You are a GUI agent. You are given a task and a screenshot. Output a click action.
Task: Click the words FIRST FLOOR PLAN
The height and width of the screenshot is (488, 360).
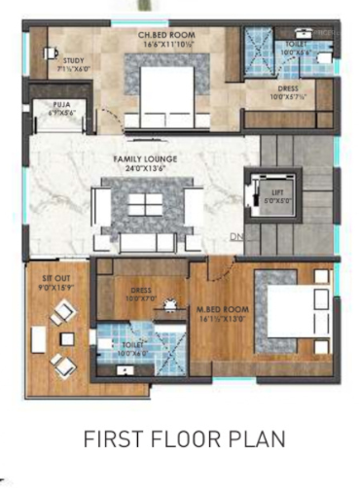click(180, 439)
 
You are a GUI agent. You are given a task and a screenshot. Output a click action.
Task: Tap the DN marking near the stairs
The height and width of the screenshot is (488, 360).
click(235, 237)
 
